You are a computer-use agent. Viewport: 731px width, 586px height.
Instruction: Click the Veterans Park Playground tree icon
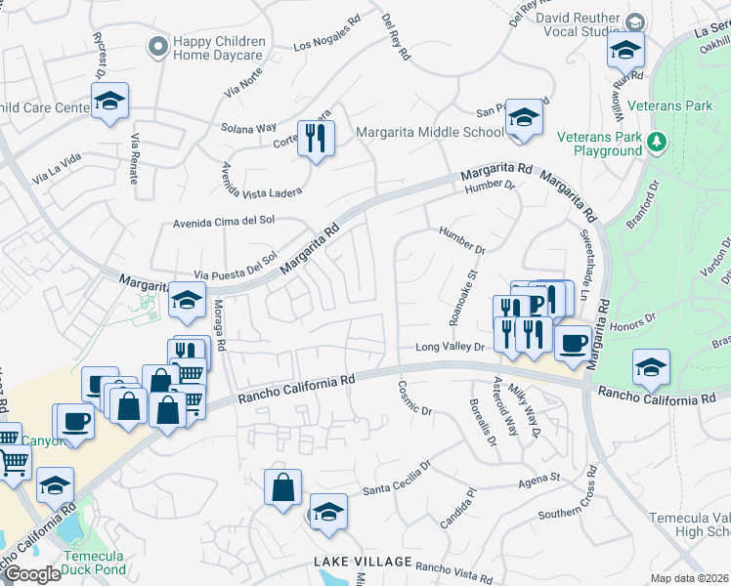coord(658,143)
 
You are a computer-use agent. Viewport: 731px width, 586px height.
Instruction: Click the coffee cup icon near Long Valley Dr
coord(574,342)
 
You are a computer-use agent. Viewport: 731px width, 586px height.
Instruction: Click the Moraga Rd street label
coord(220,332)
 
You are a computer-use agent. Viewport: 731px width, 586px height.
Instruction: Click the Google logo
coord(31,574)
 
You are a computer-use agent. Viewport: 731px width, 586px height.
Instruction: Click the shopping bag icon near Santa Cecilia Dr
coord(282,487)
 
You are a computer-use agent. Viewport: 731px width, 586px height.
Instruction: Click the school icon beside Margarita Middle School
coord(525,119)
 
